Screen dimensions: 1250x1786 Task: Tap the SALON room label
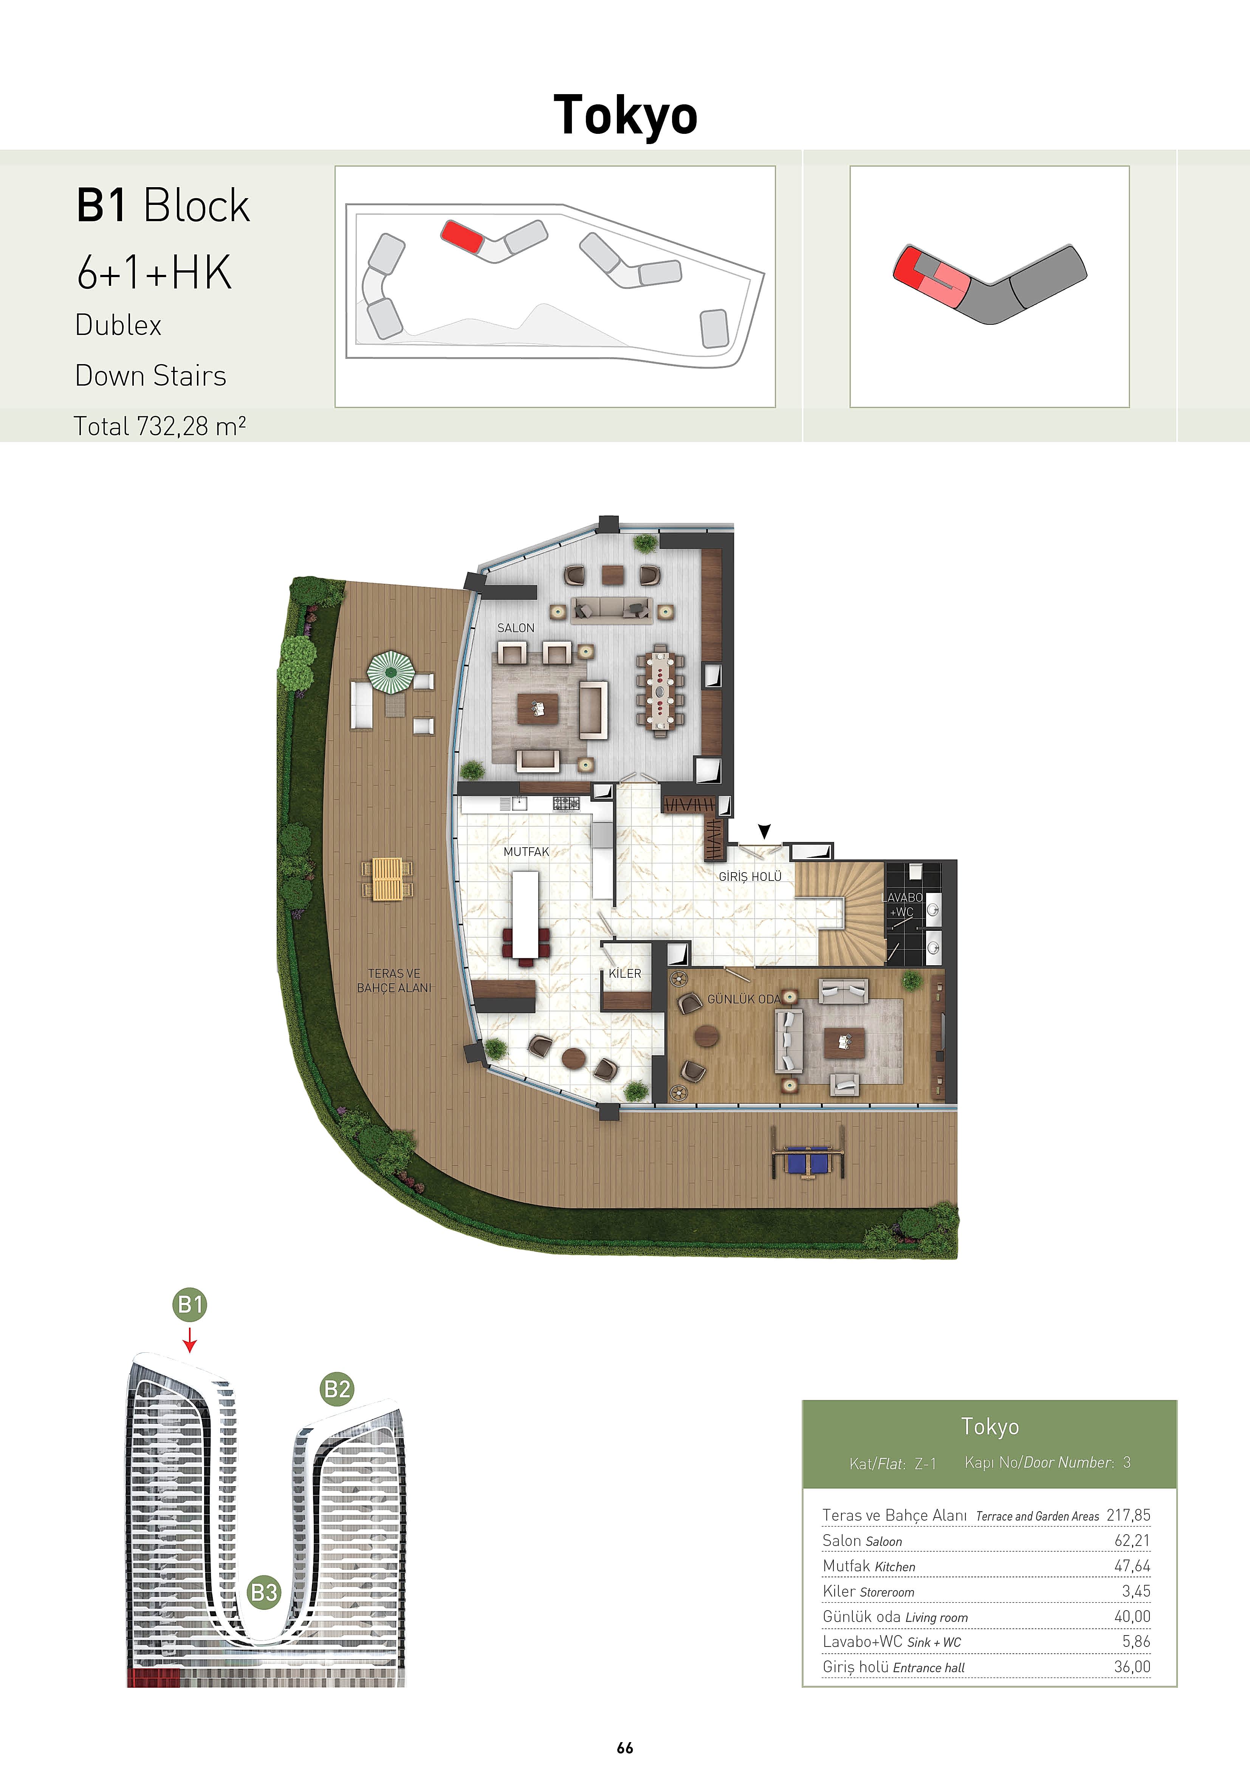[516, 628]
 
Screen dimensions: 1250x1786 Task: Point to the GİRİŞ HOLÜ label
[750, 877]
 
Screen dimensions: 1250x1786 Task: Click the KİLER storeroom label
[624, 973]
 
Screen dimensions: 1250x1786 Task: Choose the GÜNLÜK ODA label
[743, 999]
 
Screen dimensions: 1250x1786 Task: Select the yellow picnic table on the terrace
[387, 879]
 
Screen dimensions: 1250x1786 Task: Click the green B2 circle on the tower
[337, 1389]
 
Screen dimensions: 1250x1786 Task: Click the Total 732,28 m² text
[160, 426]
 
